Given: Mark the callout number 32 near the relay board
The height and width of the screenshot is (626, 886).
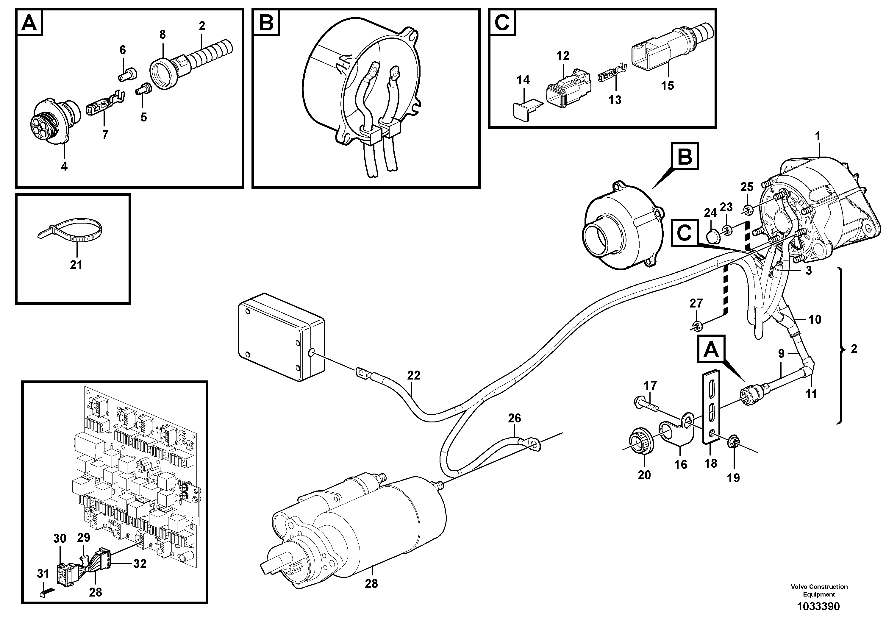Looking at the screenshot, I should [x=140, y=564].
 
